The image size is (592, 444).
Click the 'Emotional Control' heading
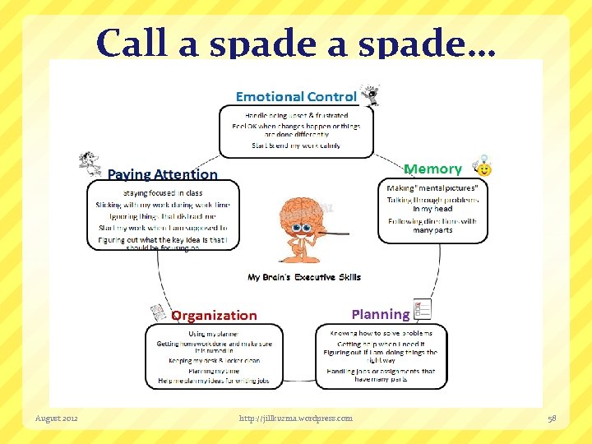(296, 97)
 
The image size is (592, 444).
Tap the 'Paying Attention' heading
(163, 174)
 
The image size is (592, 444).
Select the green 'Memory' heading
(432, 169)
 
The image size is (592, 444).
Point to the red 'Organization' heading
(214, 315)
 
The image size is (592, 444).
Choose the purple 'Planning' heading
(380, 314)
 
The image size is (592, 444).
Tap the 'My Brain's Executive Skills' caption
(304, 277)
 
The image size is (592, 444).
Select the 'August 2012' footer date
(57, 419)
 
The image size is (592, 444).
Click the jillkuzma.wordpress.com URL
(296, 419)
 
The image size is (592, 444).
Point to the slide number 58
(552, 419)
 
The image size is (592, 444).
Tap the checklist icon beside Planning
(423, 310)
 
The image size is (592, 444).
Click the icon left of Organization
(159, 313)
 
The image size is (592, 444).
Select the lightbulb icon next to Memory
(483, 167)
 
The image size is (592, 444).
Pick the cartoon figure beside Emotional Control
(370, 95)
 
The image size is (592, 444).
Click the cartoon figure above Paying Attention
(90, 163)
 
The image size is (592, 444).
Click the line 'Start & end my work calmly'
(296, 146)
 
